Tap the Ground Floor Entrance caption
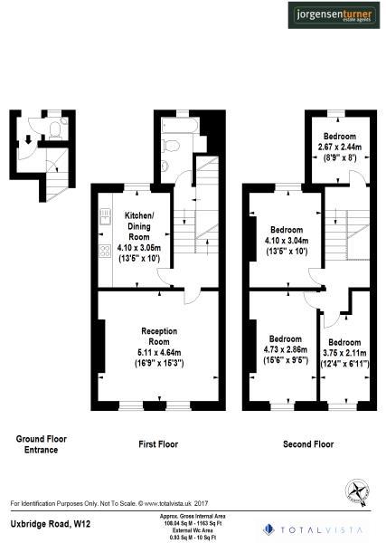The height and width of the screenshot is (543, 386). pyautogui.click(x=41, y=443)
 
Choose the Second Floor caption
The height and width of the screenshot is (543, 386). pyautogui.click(x=308, y=444)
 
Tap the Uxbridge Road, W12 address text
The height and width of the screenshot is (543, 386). pyautogui.click(x=50, y=524)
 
